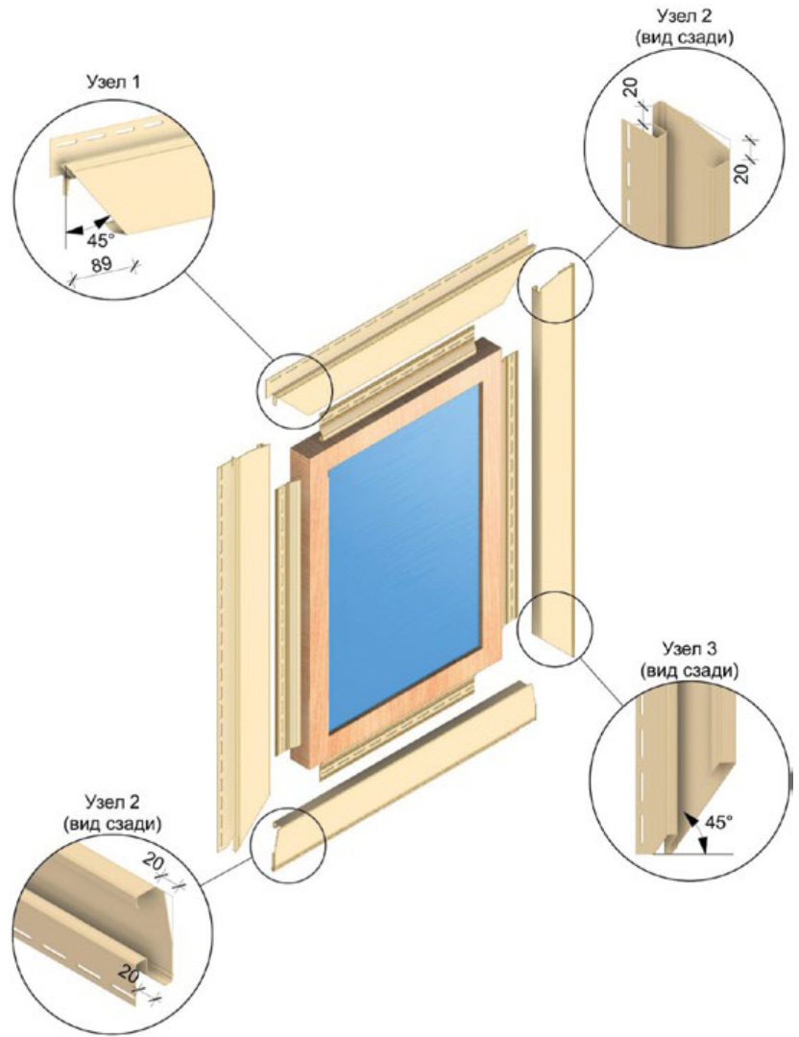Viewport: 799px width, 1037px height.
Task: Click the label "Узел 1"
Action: coord(113,82)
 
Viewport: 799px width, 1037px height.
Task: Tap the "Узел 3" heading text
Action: coord(690,647)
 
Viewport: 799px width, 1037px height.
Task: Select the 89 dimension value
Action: coord(101,264)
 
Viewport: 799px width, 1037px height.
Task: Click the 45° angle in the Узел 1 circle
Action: coord(101,239)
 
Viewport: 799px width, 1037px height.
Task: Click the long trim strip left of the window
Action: coord(243,648)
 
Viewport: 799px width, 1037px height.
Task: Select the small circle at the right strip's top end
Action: coord(555,285)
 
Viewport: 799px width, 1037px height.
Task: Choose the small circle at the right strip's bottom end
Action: coord(555,628)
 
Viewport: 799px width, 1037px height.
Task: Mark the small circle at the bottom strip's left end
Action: coord(288,844)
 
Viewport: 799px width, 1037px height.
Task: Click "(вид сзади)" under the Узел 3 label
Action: coord(690,670)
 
